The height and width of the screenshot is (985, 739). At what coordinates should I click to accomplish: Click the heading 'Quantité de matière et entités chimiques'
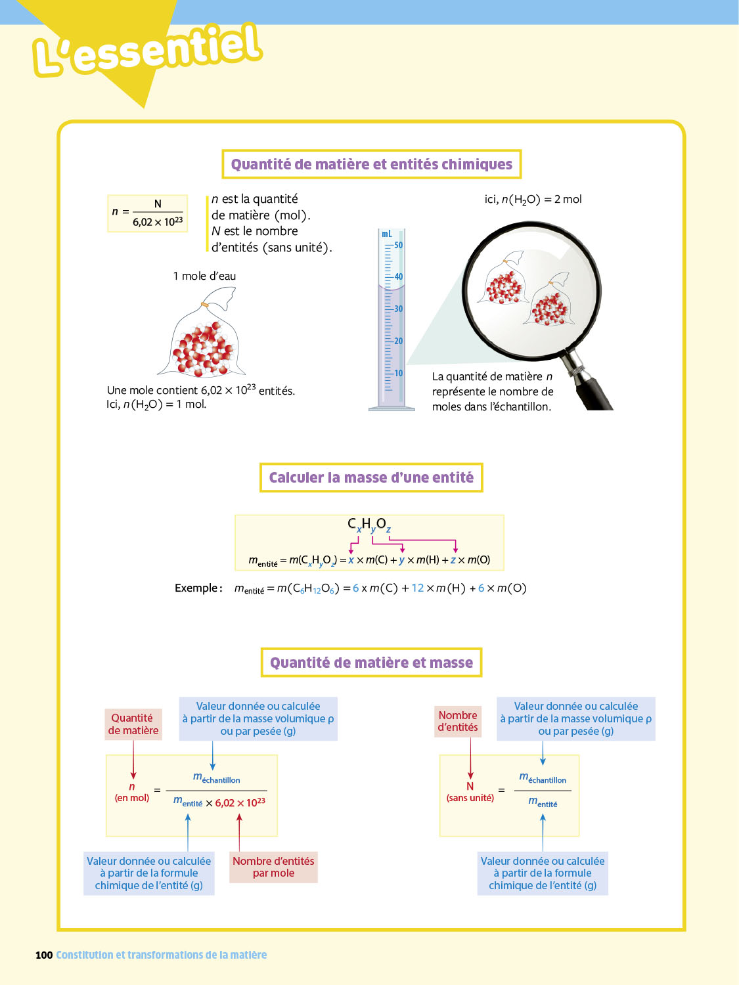371,164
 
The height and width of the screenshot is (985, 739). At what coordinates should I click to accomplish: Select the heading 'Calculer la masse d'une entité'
371,477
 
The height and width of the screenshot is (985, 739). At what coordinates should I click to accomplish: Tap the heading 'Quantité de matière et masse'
371,663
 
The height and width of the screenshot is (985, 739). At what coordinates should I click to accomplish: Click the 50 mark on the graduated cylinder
399,246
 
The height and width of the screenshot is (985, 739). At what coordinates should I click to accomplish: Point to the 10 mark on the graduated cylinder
399,374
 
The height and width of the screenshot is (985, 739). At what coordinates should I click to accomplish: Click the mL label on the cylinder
387,234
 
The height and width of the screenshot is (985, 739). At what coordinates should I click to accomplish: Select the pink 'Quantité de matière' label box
133,724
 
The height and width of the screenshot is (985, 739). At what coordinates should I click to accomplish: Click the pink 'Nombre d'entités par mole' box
273,867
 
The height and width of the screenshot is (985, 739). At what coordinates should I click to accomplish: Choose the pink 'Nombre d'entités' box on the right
458,721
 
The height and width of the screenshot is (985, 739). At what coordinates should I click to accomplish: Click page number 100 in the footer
44,955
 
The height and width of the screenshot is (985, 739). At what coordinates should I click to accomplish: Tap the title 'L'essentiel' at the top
148,49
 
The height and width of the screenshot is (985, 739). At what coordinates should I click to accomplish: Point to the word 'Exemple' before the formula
196,588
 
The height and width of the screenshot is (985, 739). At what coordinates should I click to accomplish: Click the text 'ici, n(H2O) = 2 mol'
533,200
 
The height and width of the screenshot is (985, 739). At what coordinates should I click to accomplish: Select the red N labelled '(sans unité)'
470,786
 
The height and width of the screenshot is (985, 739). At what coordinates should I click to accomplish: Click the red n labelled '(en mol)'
132,787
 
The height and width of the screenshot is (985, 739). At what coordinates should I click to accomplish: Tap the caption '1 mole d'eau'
204,276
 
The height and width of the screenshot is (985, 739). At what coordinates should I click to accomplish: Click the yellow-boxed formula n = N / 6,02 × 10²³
148,213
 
